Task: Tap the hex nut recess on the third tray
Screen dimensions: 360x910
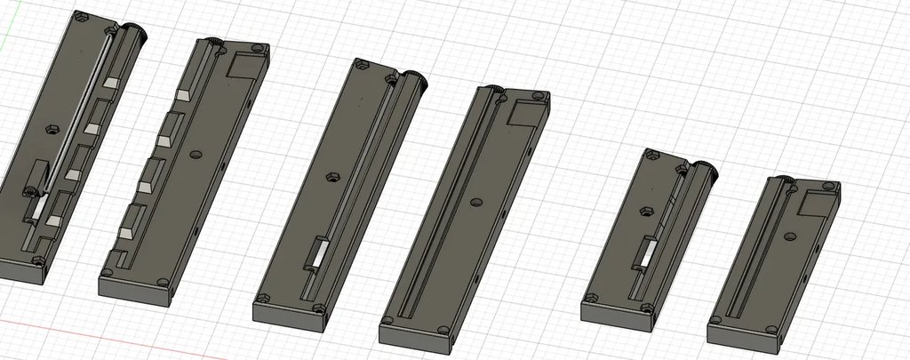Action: tap(332, 177)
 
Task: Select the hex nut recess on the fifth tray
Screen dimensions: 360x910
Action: tap(648, 211)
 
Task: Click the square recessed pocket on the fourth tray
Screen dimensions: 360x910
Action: tap(523, 113)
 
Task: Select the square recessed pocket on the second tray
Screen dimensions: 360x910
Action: tap(243, 66)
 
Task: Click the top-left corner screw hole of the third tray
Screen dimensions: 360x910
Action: tap(361, 63)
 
